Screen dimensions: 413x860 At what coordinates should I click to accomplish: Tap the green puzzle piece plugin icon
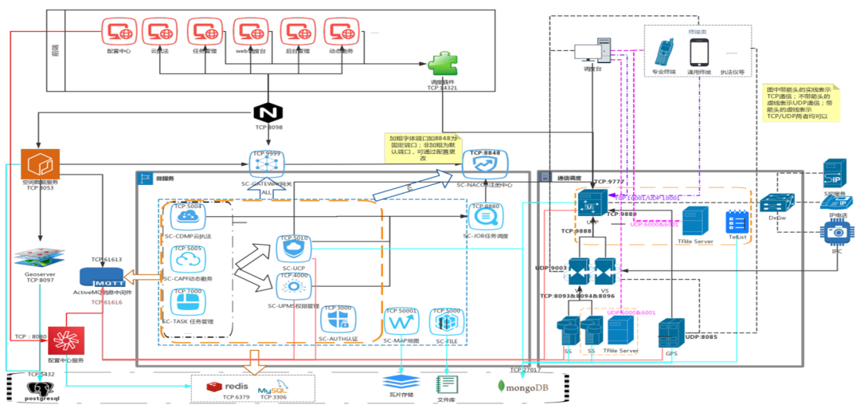(x=441, y=65)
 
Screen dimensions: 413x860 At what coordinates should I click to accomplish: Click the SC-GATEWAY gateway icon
(x=268, y=164)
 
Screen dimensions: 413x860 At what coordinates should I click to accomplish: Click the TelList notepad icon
(x=735, y=222)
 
